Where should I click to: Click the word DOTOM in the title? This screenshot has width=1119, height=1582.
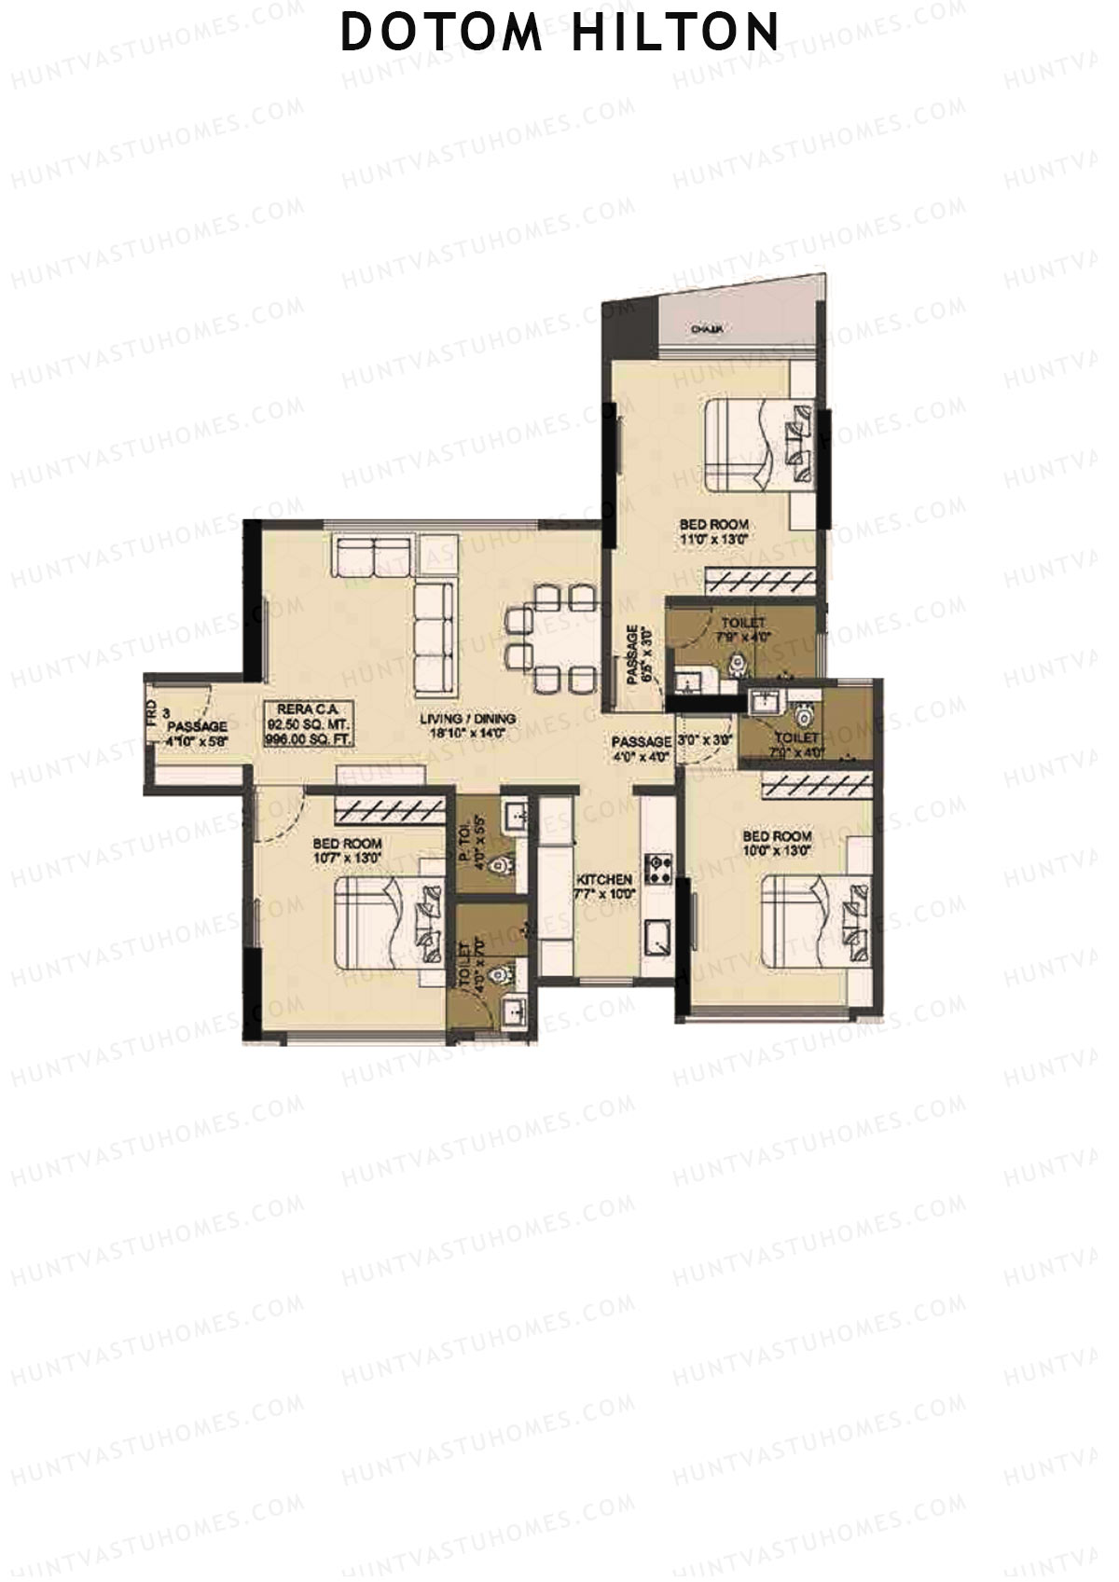441,32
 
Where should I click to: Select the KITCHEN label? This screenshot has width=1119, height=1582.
604,879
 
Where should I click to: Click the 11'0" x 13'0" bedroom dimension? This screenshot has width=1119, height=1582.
713,539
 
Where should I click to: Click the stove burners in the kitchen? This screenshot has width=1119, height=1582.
658,869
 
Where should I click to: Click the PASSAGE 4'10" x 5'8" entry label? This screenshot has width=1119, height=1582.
197,733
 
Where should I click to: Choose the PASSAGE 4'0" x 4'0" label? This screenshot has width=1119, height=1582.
641,749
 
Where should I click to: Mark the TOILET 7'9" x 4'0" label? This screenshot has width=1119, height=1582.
743,629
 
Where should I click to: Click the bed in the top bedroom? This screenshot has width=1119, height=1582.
755,444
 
